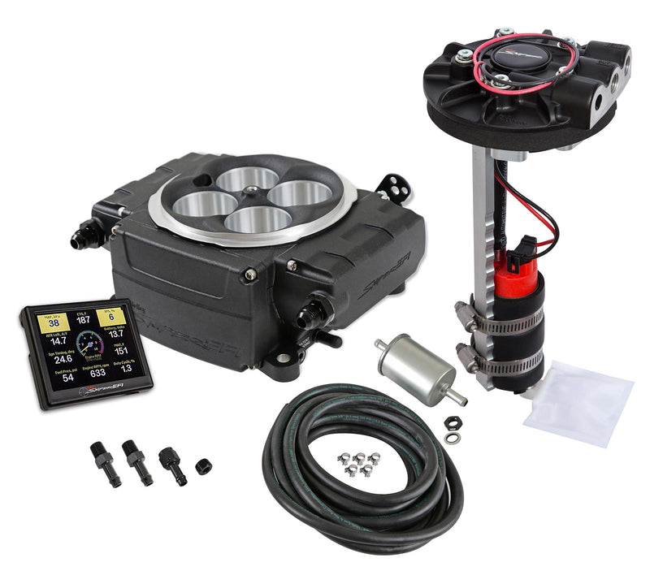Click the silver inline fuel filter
tap(414, 368)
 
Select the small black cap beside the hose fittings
tap(203, 468)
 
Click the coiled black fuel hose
tap(357, 479)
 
